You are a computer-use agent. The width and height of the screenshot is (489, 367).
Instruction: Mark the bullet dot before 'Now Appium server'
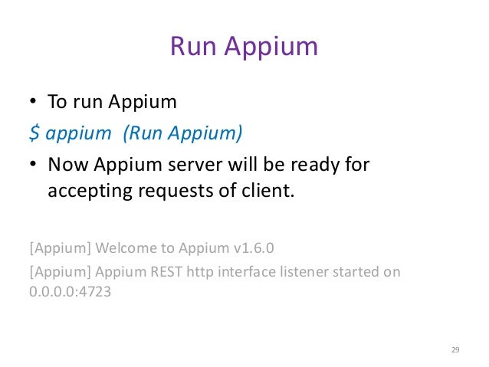click(34, 165)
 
